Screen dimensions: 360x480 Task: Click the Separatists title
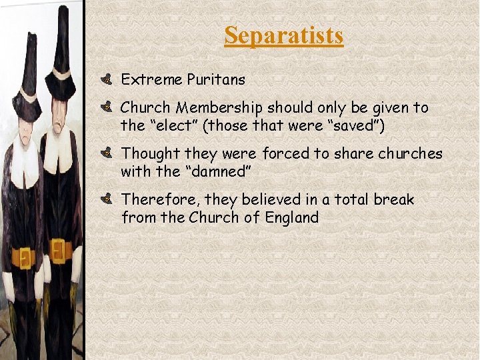(283, 35)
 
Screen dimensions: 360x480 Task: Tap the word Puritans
(215, 80)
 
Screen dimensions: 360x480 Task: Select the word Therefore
(160, 199)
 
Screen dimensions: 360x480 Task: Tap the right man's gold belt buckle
(58, 251)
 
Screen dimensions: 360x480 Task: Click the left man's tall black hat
(29, 73)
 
